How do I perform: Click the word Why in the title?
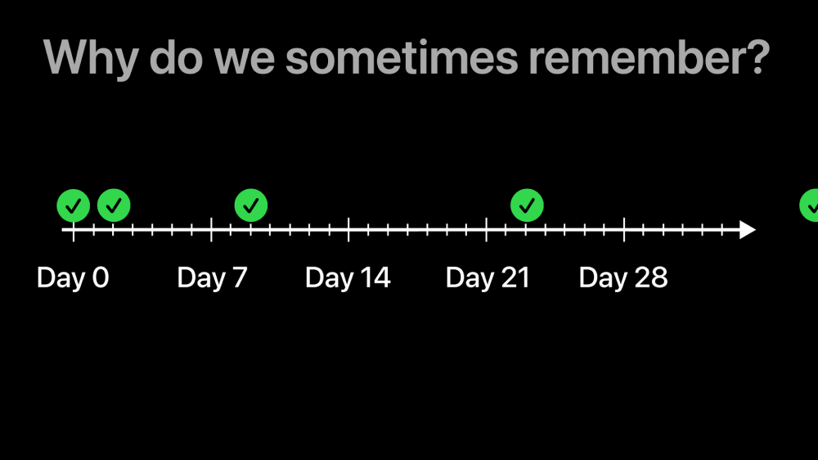pos(91,58)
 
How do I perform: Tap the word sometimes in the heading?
pos(402,57)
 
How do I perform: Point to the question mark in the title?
pos(757,57)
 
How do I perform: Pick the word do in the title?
pos(177,57)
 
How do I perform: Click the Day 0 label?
pos(73,277)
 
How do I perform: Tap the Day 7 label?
pos(212,277)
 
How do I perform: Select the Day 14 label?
pos(348,277)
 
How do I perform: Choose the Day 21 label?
pos(488,277)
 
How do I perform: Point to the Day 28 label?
pos(622,277)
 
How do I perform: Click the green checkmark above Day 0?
pos(73,205)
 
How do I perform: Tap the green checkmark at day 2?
pos(114,205)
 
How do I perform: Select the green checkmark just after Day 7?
pos(251,205)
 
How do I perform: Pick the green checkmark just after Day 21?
pos(527,205)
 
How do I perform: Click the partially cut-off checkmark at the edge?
pos(810,205)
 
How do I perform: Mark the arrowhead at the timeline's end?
pos(748,230)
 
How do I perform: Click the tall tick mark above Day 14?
pos(348,230)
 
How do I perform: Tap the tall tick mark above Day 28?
pos(624,230)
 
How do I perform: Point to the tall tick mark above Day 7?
pos(211,230)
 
